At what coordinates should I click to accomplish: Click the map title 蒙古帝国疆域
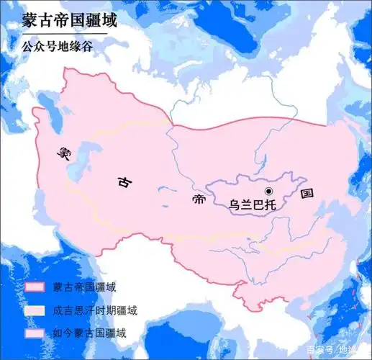pos(58,19)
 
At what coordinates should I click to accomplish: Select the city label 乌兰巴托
pos(253,204)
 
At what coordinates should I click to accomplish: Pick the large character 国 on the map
pos(307,194)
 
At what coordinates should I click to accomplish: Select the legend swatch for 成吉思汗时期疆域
pos(35,310)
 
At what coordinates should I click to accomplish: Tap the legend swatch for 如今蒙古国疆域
pos(35,333)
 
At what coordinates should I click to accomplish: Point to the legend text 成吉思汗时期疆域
pos(94,310)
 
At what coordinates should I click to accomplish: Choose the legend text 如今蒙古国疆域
pos(89,333)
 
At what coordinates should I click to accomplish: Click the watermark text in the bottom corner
pos(337,350)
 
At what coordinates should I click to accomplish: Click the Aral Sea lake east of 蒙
pos(91,153)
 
